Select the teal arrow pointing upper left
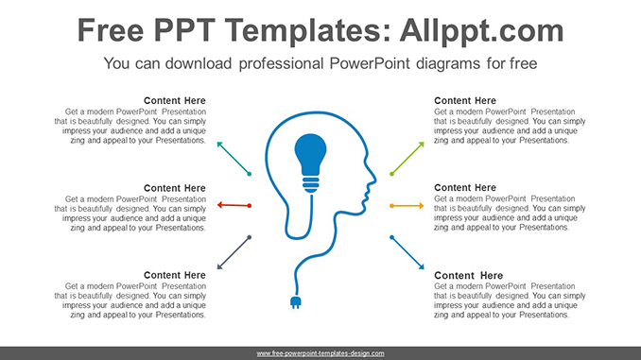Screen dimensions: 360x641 pyautogui.click(x=233, y=158)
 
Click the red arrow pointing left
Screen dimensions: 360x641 pyautogui.click(x=233, y=205)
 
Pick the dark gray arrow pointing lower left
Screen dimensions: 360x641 pyautogui.click(x=233, y=252)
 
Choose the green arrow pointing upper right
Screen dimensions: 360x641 pyautogui.click(x=407, y=158)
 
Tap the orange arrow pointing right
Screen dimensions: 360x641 pyautogui.click(x=407, y=205)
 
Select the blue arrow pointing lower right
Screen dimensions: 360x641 pyautogui.click(x=407, y=252)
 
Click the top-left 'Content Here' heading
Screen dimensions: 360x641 pyautogui.click(x=174, y=101)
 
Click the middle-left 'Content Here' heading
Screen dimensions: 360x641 pyautogui.click(x=174, y=188)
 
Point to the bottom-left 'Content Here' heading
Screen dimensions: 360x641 pyautogui.click(x=174, y=275)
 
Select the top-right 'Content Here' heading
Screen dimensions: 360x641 pyautogui.click(x=465, y=101)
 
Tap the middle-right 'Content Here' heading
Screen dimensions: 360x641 pyautogui.click(x=465, y=188)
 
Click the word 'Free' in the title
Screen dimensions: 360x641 pyautogui.click(x=113, y=30)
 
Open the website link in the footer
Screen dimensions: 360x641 pyautogui.click(x=320, y=353)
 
